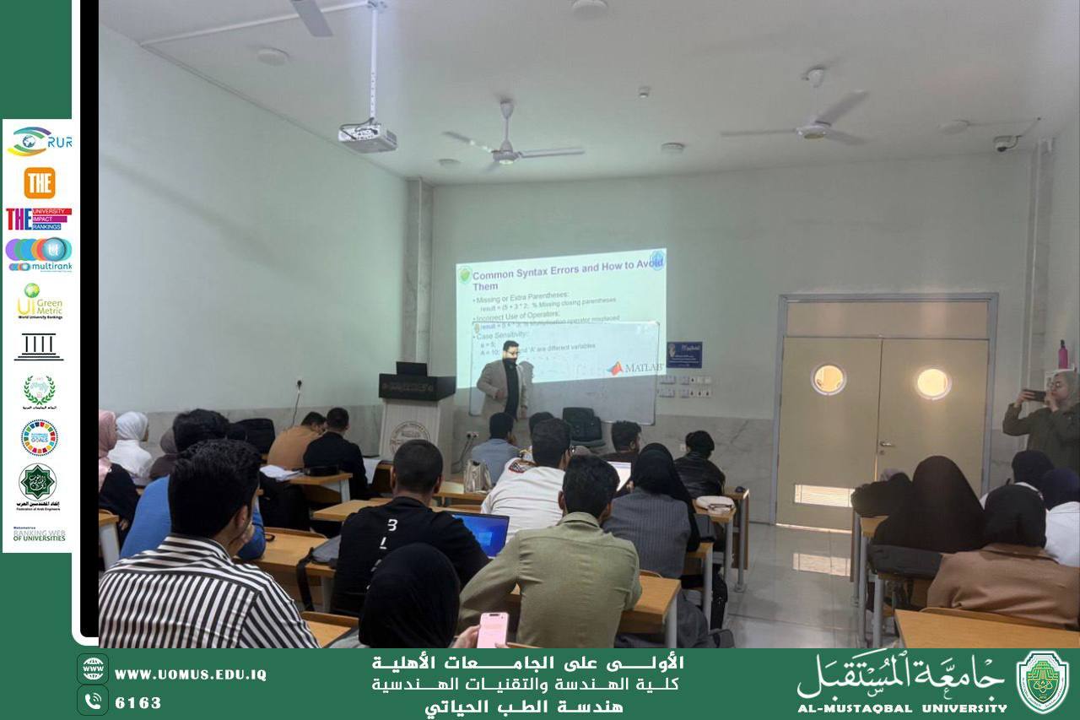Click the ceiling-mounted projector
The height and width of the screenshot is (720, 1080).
[368, 137]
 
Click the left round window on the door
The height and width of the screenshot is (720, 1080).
[828, 380]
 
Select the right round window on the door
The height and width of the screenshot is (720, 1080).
[932, 383]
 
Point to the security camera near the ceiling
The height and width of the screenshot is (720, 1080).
[1004, 143]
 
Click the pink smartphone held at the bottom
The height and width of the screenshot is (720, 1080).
[493, 630]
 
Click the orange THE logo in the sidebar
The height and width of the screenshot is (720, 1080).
[39, 182]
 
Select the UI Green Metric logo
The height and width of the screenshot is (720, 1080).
[39, 300]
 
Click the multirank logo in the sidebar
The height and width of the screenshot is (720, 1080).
[39, 253]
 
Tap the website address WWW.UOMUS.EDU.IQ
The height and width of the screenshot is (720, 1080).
[190, 674]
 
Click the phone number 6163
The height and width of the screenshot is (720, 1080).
[138, 702]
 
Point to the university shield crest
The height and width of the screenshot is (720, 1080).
[1042, 682]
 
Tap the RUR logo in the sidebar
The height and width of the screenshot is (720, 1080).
[39, 141]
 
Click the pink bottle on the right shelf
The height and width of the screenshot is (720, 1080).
[1062, 355]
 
